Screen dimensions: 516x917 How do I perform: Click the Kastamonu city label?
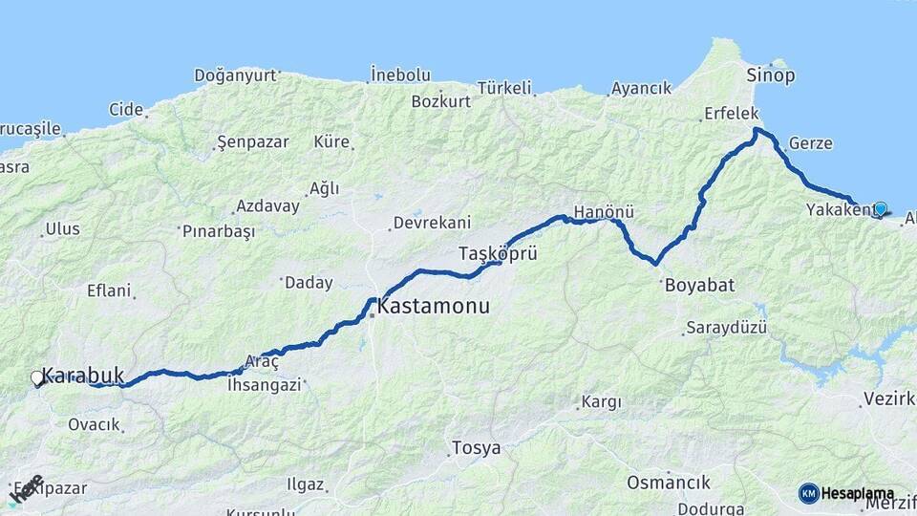point(433,308)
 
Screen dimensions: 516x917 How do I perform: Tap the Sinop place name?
point(771,75)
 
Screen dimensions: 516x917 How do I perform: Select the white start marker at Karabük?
point(37,378)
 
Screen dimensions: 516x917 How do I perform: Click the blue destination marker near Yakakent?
point(880,208)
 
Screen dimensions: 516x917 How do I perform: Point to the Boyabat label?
point(697,285)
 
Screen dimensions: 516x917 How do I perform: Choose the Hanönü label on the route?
point(604,211)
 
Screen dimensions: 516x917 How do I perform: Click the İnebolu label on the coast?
point(400,75)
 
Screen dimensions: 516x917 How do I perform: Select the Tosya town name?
point(476,448)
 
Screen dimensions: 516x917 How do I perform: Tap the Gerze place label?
point(810,144)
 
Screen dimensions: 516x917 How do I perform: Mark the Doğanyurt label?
point(235,75)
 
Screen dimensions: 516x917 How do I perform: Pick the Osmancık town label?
point(669,483)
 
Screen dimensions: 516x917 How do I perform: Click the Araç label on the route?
point(262,362)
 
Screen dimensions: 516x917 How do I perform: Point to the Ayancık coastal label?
point(642,88)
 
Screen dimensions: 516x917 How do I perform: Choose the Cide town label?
point(125,109)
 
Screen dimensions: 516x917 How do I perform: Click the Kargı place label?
point(601,403)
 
